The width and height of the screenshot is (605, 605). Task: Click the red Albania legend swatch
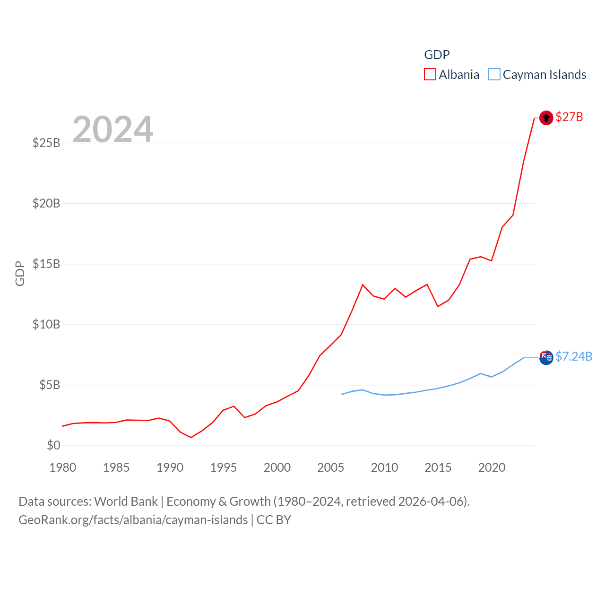tap(430, 75)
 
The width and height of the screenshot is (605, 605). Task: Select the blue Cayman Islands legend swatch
tap(494, 75)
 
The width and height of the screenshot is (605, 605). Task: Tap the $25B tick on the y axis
tap(46, 143)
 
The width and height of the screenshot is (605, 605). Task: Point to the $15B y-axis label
tap(46, 264)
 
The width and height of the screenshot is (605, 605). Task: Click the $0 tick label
tap(53, 445)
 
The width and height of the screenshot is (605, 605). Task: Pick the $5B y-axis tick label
tap(50, 385)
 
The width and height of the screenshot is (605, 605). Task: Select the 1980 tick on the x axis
tap(62, 467)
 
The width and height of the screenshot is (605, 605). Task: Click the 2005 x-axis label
tap(330, 467)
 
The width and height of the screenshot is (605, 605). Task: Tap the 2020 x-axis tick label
tap(492, 467)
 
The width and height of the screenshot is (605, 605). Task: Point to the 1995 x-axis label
tap(223, 467)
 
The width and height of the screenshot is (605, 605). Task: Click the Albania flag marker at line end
tap(546, 117)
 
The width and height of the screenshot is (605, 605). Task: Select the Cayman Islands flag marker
tap(546, 357)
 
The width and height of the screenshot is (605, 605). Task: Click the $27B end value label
tap(569, 117)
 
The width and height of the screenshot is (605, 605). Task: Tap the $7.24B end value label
tap(574, 356)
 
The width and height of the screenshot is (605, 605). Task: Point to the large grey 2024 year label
tap(112, 129)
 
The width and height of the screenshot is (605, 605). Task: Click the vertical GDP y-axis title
tap(20, 273)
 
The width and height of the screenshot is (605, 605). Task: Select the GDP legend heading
tap(437, 55)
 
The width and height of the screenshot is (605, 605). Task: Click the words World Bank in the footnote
tap(126, 501)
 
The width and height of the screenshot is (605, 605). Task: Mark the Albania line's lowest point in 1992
tap(191, 437)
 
